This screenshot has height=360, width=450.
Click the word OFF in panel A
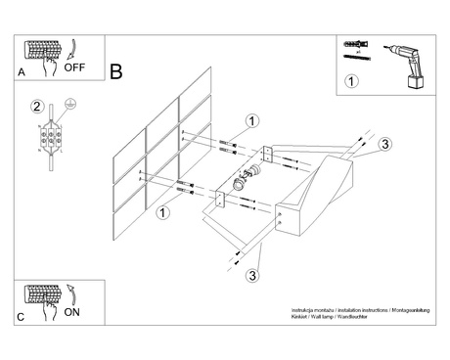[x=75, y=68]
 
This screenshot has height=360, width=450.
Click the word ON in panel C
[x=71, y=312]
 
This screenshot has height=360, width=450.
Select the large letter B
[x=116, y=73]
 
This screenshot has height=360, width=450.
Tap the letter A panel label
[x=22, y=73]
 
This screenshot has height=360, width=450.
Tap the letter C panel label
[x=22, y=318]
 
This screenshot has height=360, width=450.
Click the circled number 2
[x=36, y=107]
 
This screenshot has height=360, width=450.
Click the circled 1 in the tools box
[x=353, y=80]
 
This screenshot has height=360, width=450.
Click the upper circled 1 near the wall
[x=252, y=121]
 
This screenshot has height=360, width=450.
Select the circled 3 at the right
[x=385, y=145]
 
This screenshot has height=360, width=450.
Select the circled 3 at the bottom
[x=253, y=274]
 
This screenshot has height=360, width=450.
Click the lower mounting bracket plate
[x=220, y=199]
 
